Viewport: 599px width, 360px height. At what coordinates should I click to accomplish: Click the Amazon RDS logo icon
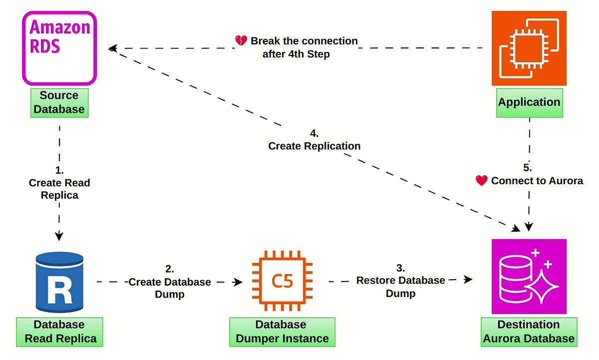pyautogui.click(x=59, y=48)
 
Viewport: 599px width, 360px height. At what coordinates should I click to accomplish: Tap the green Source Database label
pyautogui.click(x=59, y=102)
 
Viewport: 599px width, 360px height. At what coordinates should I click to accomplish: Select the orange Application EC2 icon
pyautogui.click(x=529, y=48)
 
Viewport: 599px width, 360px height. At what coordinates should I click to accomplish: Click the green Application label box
pyautogui.click(x=529, y=102)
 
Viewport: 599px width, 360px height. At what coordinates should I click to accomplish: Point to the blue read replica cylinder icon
pyautogui.click(x=59, y=282)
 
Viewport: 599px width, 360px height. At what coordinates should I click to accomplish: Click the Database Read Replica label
pyautogui.click(x=60, y=332)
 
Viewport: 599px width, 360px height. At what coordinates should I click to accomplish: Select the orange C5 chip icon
pyautogui.click(x=282, y=282)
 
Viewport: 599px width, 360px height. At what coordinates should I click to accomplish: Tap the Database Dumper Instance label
pyautogui.click(x=282, y=332)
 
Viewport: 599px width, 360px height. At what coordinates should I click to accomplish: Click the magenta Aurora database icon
pyautogui.click(x=529, y=276)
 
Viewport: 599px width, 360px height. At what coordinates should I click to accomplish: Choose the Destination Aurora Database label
pyautogui.click(x=529, y=332)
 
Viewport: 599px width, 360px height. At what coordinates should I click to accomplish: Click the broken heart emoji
pyautogui.click(x=241, y=41)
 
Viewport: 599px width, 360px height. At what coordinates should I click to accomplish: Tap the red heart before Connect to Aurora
pyautogui.click(x=481, y=181)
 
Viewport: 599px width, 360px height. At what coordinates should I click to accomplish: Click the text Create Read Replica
pyautogui.click(x=59, y=189)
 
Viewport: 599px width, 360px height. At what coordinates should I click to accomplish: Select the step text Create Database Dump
pyautogui.click(x=170, y=288)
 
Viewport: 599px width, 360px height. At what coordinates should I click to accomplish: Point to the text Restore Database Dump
pyautogui.click(x=400, y=287)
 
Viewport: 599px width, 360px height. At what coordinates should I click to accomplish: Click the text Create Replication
pyautogui.click(x=314, y=146)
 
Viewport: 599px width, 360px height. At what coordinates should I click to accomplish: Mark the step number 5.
pyautogui.click(x=528, y=168)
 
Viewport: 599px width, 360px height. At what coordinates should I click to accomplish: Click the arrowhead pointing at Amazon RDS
pyautogui.click(x=113, y=48)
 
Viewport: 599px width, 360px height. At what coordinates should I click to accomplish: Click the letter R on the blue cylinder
pyautogui.click(x=59, y=291)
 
